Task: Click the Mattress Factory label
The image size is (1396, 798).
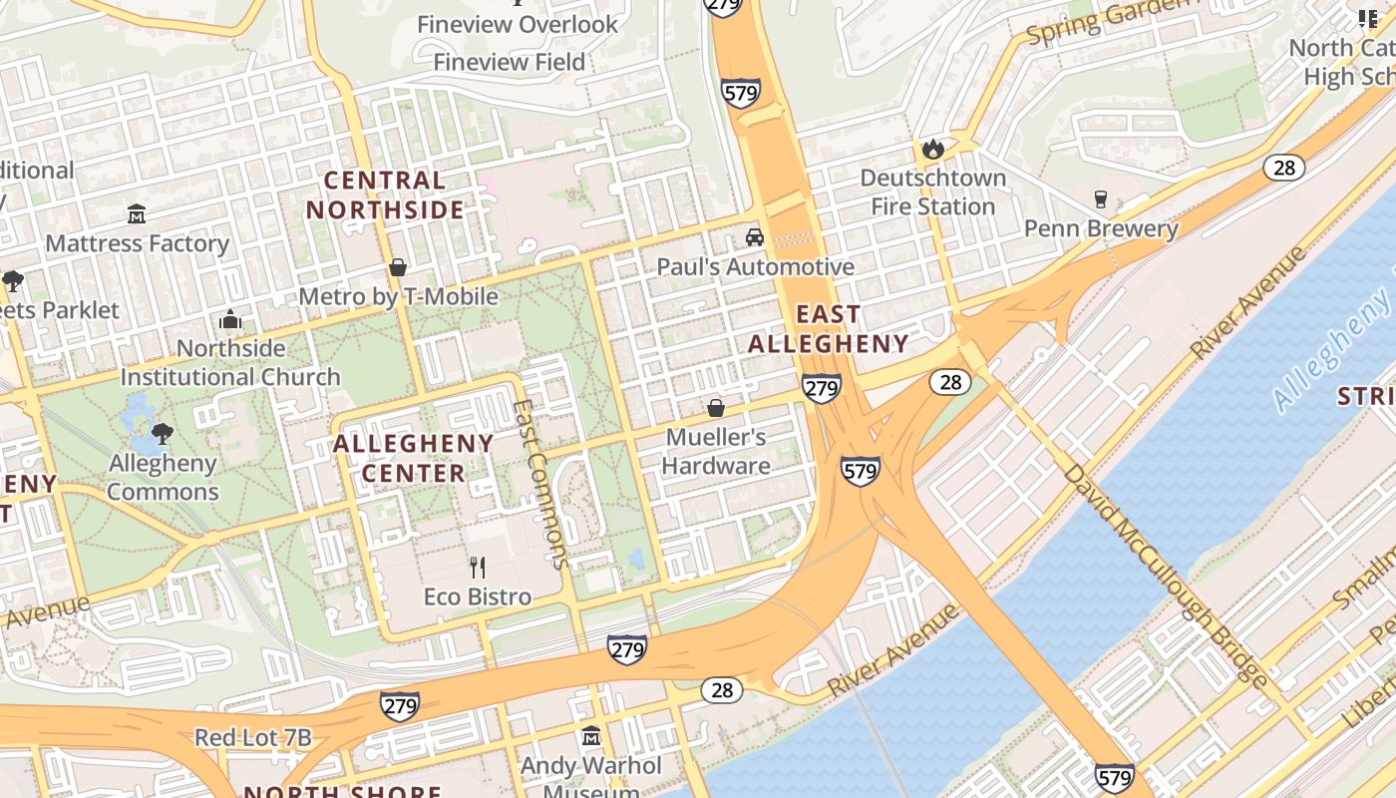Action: click(137, 243)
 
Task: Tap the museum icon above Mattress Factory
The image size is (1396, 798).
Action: click(137, 214)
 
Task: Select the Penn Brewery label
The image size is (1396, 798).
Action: click(1101, 228)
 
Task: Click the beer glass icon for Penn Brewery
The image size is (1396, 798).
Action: click(1101, 199)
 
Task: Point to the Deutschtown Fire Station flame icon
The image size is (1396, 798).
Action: click(932, 150)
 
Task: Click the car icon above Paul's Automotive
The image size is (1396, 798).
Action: click(755, 237)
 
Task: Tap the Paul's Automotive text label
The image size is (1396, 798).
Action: click(755, 267)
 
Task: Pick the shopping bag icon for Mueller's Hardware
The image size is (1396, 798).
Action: click(715, 408)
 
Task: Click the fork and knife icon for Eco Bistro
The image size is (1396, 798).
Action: click(478, 568)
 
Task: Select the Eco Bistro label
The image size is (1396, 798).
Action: click(478, 597)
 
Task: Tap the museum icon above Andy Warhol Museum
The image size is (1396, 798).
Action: click(591, 736)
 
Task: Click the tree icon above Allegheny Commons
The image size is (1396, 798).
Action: click(163, 434)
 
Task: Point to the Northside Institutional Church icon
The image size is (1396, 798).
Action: click(230, 320)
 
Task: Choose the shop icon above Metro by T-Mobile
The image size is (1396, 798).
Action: click(398, 267)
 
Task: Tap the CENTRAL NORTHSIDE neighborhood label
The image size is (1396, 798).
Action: click(385, 195)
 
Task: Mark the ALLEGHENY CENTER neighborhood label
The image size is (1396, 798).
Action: click(413, 458)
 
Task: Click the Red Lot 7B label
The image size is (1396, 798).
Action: click(252, 738)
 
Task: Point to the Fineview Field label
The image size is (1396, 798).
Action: click(509, 62)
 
